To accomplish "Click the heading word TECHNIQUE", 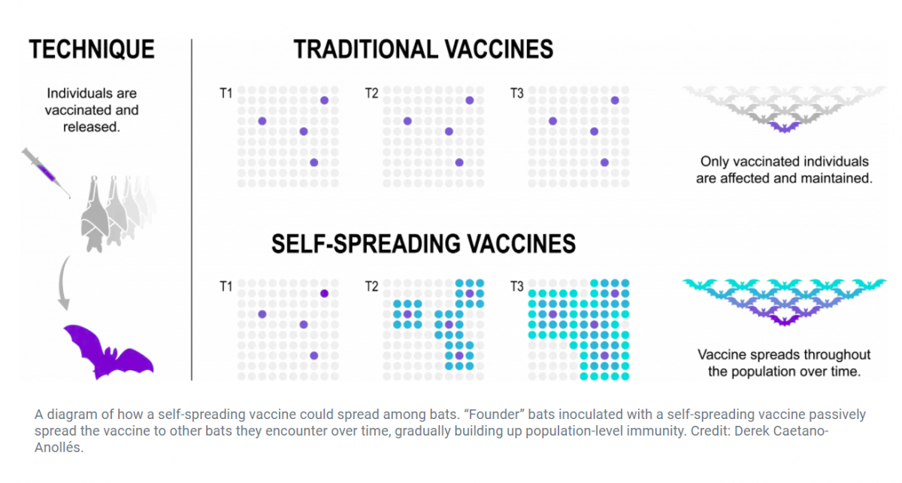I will pos(91,50).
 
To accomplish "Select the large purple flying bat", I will pos(108,352).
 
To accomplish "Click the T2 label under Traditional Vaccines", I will pos(371,94).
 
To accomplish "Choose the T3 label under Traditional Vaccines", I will pos(516,94).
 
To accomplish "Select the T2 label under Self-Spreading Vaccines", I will pos(371,287).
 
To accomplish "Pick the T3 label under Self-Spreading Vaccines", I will pos(516,287).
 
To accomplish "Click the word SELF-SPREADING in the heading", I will pos(365,244).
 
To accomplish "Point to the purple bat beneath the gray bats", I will pos(784,127).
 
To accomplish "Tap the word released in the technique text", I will pos(92,127).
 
